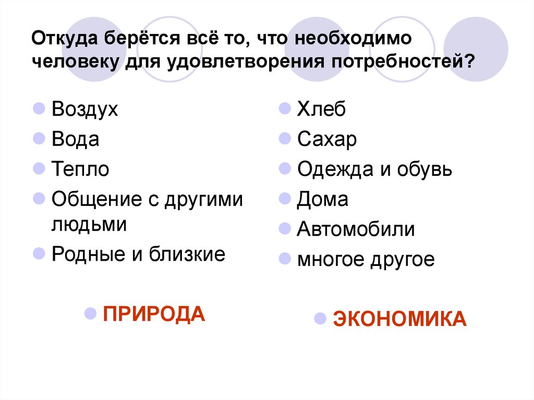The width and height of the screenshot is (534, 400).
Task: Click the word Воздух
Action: click(x=85, y=110)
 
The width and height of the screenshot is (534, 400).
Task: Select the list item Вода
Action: click(x=76, y=139)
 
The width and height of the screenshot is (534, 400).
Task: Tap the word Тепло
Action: click(x=81, y=169)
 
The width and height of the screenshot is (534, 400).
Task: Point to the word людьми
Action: click(x=90, y=225)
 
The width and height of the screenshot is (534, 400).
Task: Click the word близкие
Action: click(x=188, y=254)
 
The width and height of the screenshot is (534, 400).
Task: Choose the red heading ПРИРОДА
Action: click(x=154, y=314)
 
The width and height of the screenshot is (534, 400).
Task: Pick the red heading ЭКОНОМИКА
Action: click(x=400, y=319)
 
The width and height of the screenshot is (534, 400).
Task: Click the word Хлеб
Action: click(x=322, y=110)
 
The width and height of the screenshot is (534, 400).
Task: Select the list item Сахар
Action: click(x=327, y=139)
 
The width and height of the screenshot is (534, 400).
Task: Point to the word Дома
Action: click(x=323, y=199)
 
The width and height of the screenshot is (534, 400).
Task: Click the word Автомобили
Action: click(x=356, y=229)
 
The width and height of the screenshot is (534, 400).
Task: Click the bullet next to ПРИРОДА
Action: click(x=90, y=314)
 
